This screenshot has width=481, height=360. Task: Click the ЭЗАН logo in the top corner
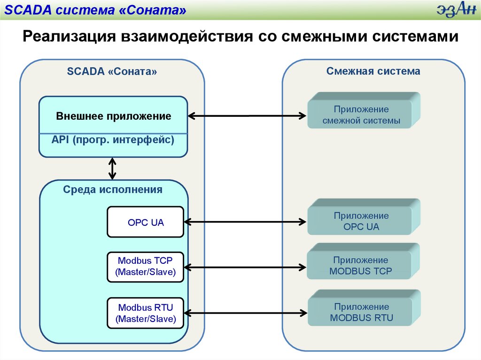point(453,10)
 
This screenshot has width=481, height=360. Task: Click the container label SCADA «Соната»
point(112,72)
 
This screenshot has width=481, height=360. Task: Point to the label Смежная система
point(373,71)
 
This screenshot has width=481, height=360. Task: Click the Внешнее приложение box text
point(113,116)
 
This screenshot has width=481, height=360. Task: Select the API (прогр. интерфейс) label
point(113,139)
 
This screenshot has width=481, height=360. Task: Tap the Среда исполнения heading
point(113,190)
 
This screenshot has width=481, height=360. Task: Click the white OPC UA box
point(146,222)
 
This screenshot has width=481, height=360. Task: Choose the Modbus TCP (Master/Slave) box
point(146,267)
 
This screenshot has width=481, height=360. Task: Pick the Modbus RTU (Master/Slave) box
point(146,314)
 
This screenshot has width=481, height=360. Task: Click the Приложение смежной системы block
point(361,115)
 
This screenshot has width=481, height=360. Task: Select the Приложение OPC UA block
point(361,222)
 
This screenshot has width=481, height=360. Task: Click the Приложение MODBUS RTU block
point(361,313)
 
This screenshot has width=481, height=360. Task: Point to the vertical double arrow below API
point(112,169)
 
